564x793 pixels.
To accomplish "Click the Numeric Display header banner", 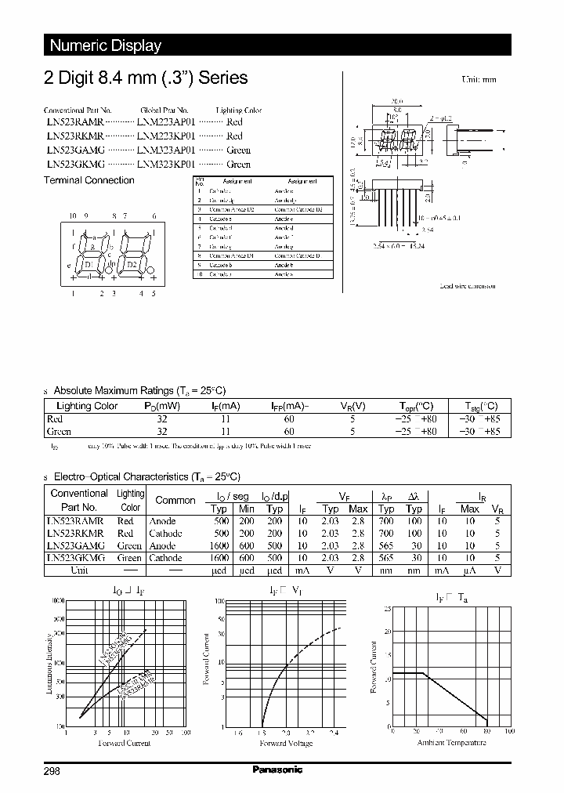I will point(106,45).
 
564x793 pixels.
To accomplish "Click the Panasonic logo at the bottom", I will point(277,770).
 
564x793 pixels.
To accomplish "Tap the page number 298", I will point(51,771).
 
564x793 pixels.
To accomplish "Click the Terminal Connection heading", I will point(89,180).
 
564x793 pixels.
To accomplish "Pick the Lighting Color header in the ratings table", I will point(87,406).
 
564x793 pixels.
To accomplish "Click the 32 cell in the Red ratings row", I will point(162,419).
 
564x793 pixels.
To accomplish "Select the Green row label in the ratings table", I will point(59,432).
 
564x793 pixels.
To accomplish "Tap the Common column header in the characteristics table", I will point(175,500).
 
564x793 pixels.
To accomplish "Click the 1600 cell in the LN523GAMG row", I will point(219,546).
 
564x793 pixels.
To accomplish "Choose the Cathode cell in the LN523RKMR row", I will point(165,534).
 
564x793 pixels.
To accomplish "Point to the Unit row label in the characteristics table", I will point(79,570).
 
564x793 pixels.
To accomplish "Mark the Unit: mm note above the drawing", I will point(479,80).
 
